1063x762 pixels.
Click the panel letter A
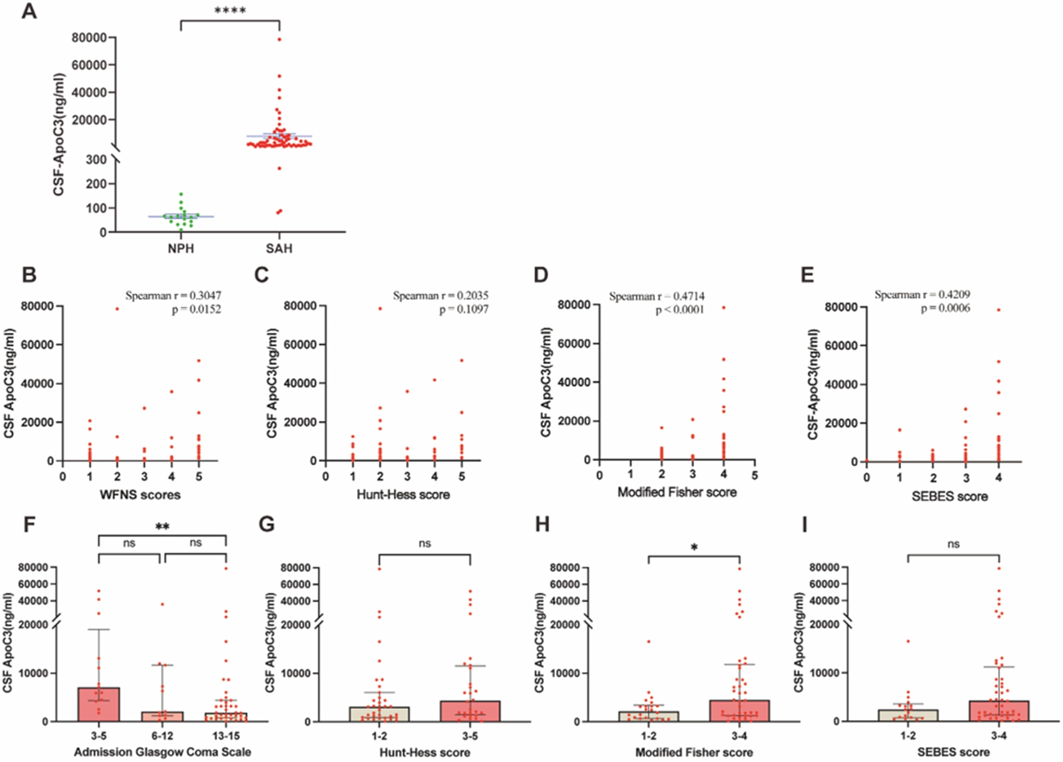(29, 11)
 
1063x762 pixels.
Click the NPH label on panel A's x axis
(181, 248)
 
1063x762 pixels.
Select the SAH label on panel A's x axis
(279, 248)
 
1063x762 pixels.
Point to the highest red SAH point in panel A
(280, 40)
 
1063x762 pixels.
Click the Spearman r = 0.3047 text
(173, 296)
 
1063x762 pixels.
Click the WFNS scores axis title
(140, 495)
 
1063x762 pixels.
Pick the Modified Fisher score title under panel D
(677, 493)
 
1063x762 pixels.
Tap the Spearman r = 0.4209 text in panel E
(922, 295)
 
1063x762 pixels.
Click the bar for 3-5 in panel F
(99, 705)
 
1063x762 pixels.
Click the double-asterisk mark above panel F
(162, 527)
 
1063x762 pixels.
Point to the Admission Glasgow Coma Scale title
(162, 752)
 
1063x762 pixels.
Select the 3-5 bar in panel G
(470, 712)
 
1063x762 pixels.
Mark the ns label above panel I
(953, 544)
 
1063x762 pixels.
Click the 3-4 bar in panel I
(999, 712)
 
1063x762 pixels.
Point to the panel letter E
(807, 275)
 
